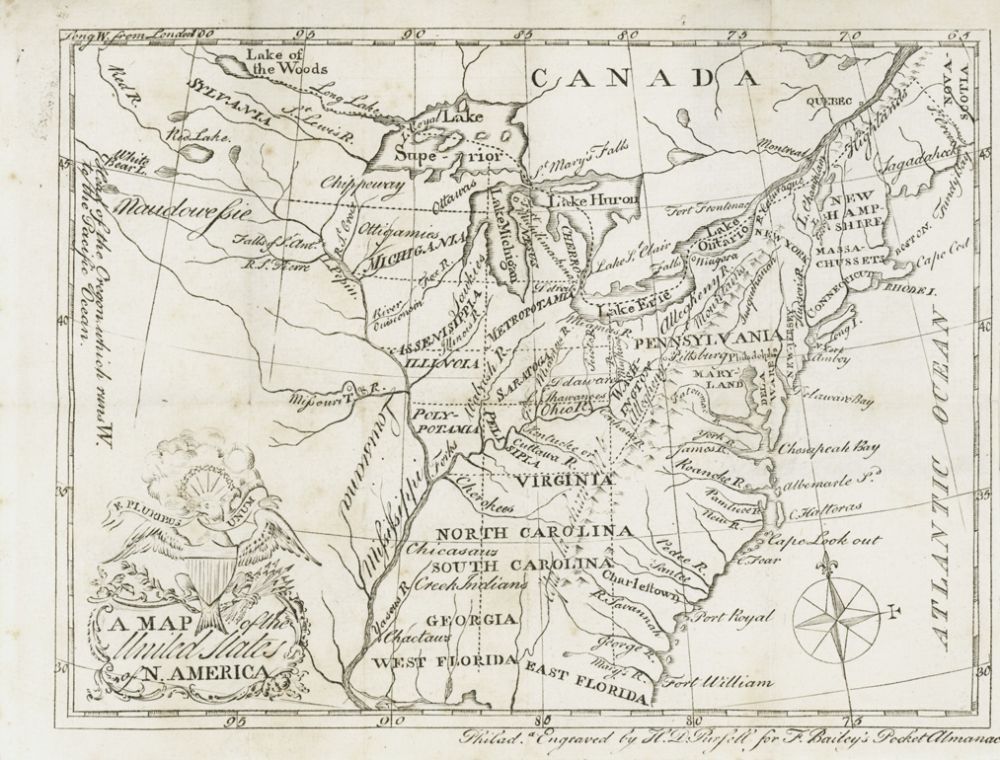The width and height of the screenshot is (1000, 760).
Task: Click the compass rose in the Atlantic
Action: (836, 610)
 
